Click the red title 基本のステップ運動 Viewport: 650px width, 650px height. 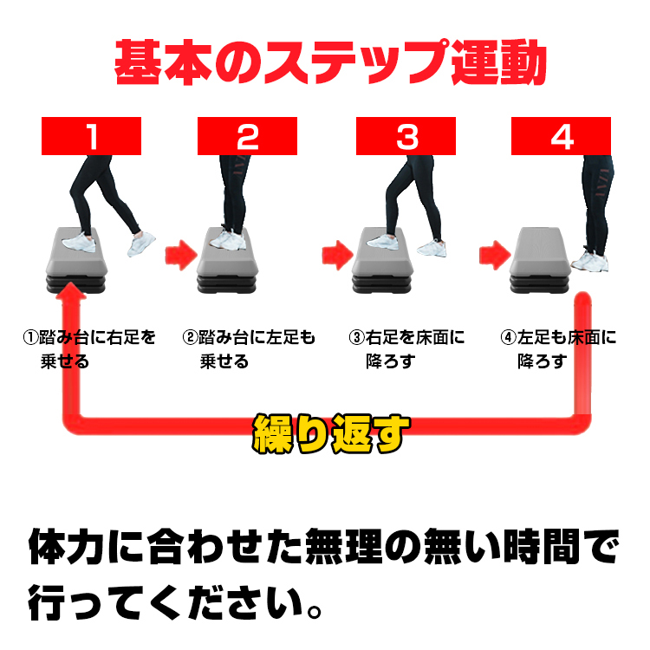[330, 62]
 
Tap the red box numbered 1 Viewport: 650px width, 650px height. [91, 136]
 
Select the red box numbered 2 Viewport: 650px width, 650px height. [247, 136]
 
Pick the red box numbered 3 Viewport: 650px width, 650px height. [406, 136]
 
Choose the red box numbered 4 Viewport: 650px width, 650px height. [561, 136]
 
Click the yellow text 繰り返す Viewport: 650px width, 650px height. [330, 433]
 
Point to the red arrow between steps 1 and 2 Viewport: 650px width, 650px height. [181, 255]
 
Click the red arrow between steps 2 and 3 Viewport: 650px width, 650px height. [337, 255]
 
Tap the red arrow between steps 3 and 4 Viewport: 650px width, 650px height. [495, 255]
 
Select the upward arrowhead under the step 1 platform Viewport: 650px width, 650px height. [71, 291]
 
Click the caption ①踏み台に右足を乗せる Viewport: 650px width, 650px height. [89, 349]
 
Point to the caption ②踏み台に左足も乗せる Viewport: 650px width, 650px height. [249, 349]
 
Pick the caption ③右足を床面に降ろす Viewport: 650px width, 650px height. [406, 349]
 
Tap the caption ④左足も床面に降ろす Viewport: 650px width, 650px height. [558, 349]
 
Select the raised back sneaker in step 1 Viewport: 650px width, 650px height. [141, 244]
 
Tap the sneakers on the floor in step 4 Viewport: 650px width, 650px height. [589, 261]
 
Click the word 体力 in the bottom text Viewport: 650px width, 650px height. [66, 546]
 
